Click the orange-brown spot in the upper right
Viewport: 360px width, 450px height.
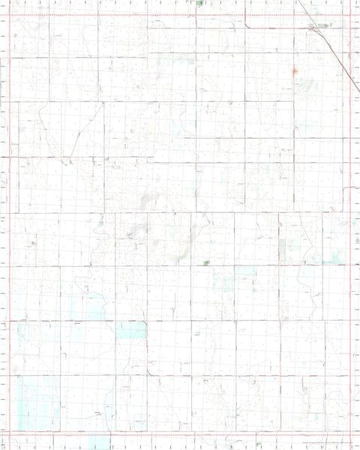coord(295,71)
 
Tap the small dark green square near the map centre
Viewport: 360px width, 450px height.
coord(206,262)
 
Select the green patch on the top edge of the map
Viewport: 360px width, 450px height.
coord(199,3)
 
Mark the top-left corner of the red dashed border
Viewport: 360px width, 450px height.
coord(9,15)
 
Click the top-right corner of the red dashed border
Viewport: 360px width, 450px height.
coord(351,15)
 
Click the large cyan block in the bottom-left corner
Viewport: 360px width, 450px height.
coord(36,401)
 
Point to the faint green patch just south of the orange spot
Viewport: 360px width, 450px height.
coord(304,86)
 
